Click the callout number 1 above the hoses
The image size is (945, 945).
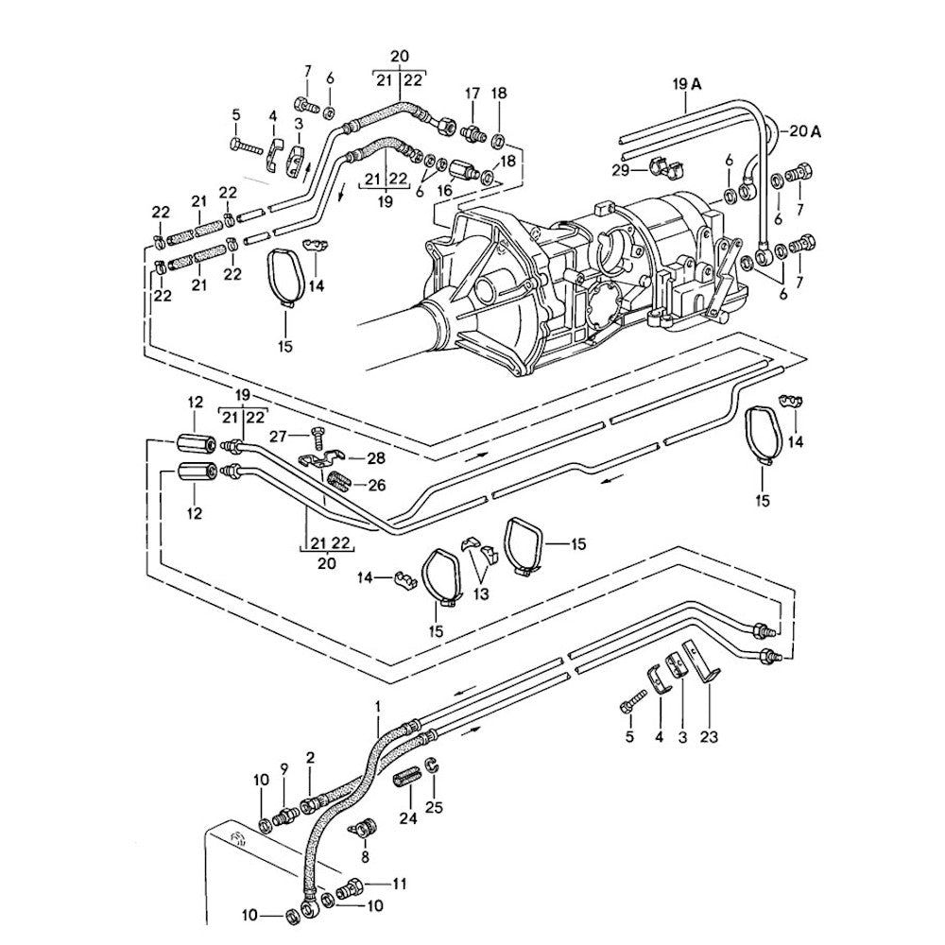(x=378, y=706)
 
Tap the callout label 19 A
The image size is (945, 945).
(x=687, y=84)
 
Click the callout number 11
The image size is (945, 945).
(x=399, y=885)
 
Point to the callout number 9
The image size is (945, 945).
(x=283, y=767)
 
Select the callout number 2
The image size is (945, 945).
(x=308, y=758)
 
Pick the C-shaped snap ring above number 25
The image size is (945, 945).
(x=431, y=767)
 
